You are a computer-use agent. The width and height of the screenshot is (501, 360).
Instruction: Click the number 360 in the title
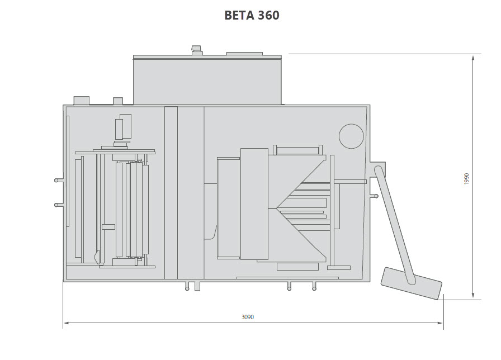pos(268,15)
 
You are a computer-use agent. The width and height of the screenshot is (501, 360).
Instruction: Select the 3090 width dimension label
pos(248,316)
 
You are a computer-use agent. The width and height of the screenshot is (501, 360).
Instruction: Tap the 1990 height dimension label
pos(466,179)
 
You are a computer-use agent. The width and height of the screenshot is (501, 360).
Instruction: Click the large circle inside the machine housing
pos(351,136)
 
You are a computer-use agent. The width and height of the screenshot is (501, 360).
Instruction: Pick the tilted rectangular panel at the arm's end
pos(412,283)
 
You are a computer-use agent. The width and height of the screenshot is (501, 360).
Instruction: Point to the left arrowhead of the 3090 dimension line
pos(66,323)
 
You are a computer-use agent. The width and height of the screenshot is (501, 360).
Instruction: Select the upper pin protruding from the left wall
pos(59,181)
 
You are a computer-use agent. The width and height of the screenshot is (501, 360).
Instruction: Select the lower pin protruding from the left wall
pos(59,205)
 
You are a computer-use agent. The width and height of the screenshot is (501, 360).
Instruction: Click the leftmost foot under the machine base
pos(187,286)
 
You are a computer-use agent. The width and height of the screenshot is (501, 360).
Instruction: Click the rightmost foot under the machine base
pos(314,286)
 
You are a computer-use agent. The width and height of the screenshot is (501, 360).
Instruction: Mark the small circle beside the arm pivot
pos(376,196)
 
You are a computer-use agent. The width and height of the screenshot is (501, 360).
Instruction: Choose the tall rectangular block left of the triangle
pos(254,204)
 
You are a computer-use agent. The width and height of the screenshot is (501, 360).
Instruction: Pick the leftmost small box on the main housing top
pos(81,101)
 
